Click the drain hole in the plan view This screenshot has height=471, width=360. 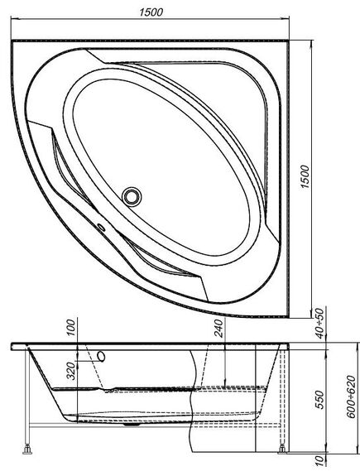[132, 196]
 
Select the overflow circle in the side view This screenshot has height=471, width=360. [102, 356]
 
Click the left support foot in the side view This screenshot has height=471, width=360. [30, 450]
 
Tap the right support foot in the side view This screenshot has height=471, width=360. [285, 450]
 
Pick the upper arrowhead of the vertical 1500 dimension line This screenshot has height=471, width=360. [314, 39]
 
